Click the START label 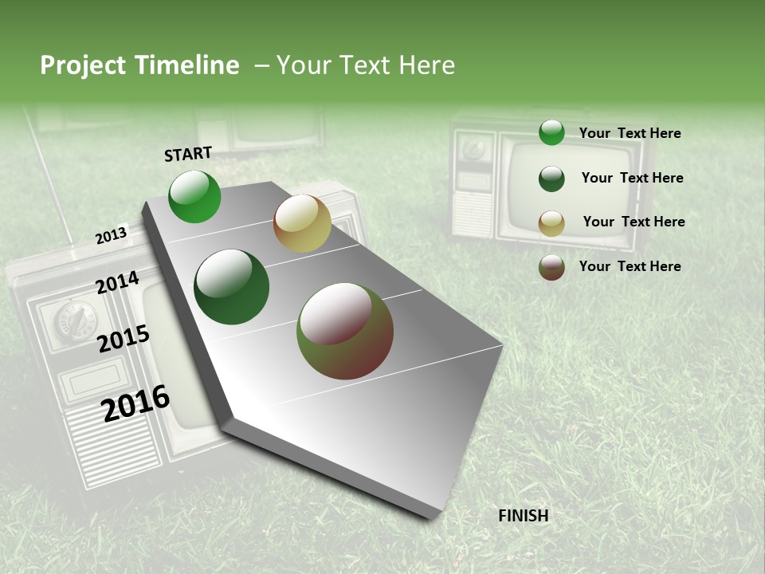tap(188, 154)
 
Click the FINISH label tap(524, 516)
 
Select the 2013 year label tap(111, 236)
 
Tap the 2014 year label tap(117, 283)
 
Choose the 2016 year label tap(135, 403)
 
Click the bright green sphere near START tap(195, 196)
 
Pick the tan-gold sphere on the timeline tap(302, 223)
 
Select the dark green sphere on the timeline tap(232, 287)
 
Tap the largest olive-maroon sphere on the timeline tap(345, 331)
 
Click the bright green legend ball tap(551, 132)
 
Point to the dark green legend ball tap(551, 179)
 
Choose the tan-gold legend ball tap(551, 223)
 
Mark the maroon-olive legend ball tap(551, 267)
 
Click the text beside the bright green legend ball tap(630, 133)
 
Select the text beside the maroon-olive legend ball tap(630, 266)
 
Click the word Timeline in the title tap(188, 65)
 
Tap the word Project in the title tap(82, 65)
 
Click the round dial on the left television tap(74, 318)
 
